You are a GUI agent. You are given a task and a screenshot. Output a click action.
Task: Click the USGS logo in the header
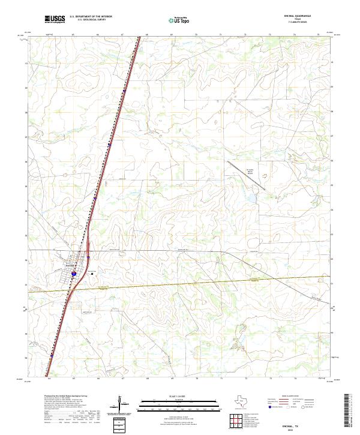pos(55,19)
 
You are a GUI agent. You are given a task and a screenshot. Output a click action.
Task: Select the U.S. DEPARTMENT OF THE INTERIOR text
pos(91,17)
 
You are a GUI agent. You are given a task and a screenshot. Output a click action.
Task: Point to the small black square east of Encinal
pos(92,273)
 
